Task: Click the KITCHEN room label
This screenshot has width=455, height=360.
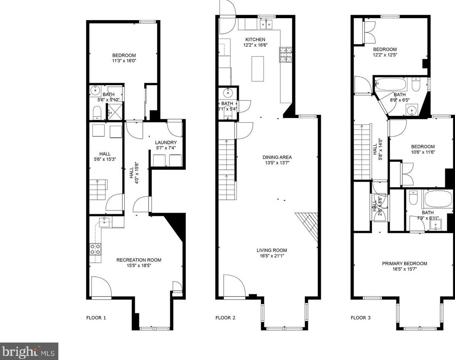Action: [x=255, y=39]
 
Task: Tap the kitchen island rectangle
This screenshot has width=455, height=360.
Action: [x=258, y=68]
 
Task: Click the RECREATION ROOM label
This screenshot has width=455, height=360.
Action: [x=139, y=260]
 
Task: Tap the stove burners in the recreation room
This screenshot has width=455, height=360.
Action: [x=96, y=249]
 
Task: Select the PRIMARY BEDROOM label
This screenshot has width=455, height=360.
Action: [x=404, y=264]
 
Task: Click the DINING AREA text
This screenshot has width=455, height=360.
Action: [x=277, y=157]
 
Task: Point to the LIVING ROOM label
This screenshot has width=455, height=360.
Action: [x=272, y=250]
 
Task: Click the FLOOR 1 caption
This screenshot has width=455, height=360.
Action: [x=96, y=317]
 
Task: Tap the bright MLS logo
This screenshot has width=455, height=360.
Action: [x=29, y=351]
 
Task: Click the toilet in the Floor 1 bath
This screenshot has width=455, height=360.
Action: [x=97, y=112]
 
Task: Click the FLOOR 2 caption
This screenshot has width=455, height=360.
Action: [x=225, y=317]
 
